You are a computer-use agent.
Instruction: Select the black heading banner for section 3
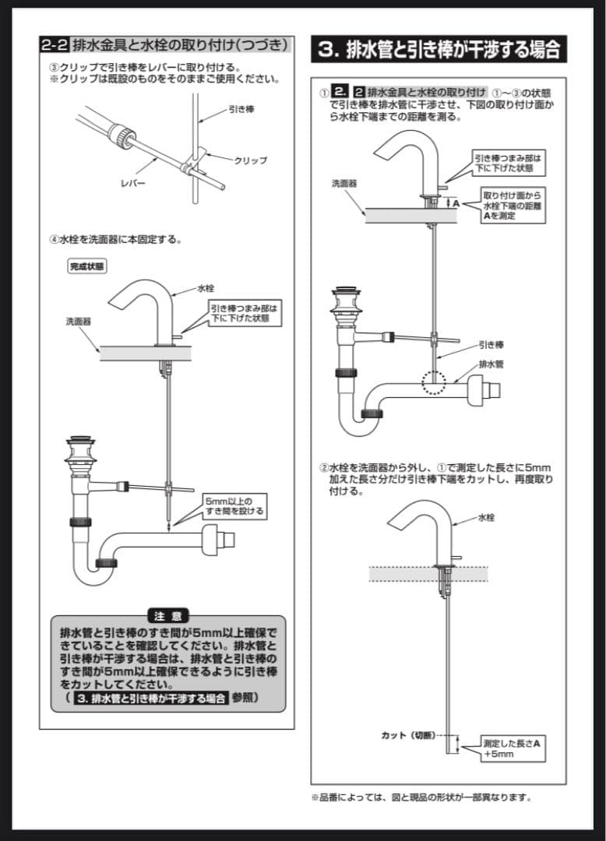(x=439, y=49)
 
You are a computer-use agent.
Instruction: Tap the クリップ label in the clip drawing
(x=250, y=160)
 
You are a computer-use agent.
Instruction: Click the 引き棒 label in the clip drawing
(x=241, y=110)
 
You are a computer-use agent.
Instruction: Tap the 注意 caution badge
(x=167, y=615)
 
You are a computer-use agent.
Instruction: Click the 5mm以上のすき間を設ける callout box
(x=234, y=505)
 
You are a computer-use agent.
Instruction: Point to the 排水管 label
(x=490, y=363)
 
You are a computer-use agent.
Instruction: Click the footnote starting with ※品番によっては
(x=421, y=797)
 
